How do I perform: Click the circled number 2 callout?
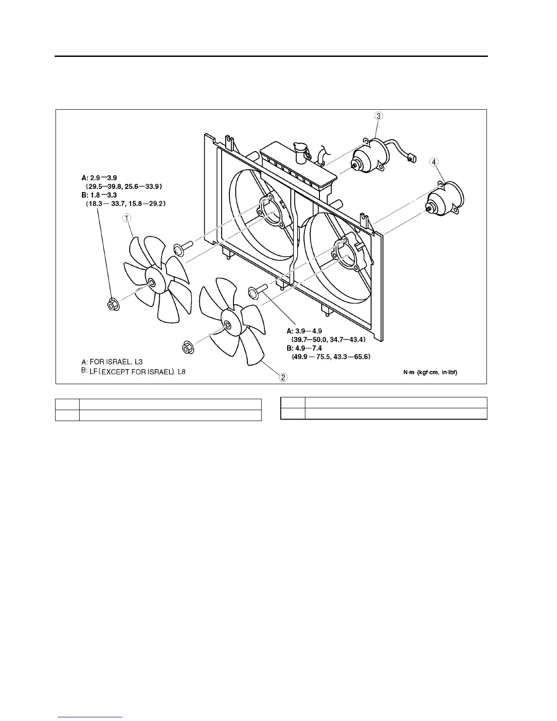click(x=283, y=377)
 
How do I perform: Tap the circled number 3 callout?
click(x=379, y=116)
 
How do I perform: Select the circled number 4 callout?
click(x=435, y=162)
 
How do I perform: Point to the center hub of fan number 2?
click(x=227, y=325)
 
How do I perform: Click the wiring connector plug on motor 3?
click(x=412, y=158)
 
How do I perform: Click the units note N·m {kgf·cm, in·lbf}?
click(x=430, y=372)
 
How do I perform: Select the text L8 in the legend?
click(x=182, y=371)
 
